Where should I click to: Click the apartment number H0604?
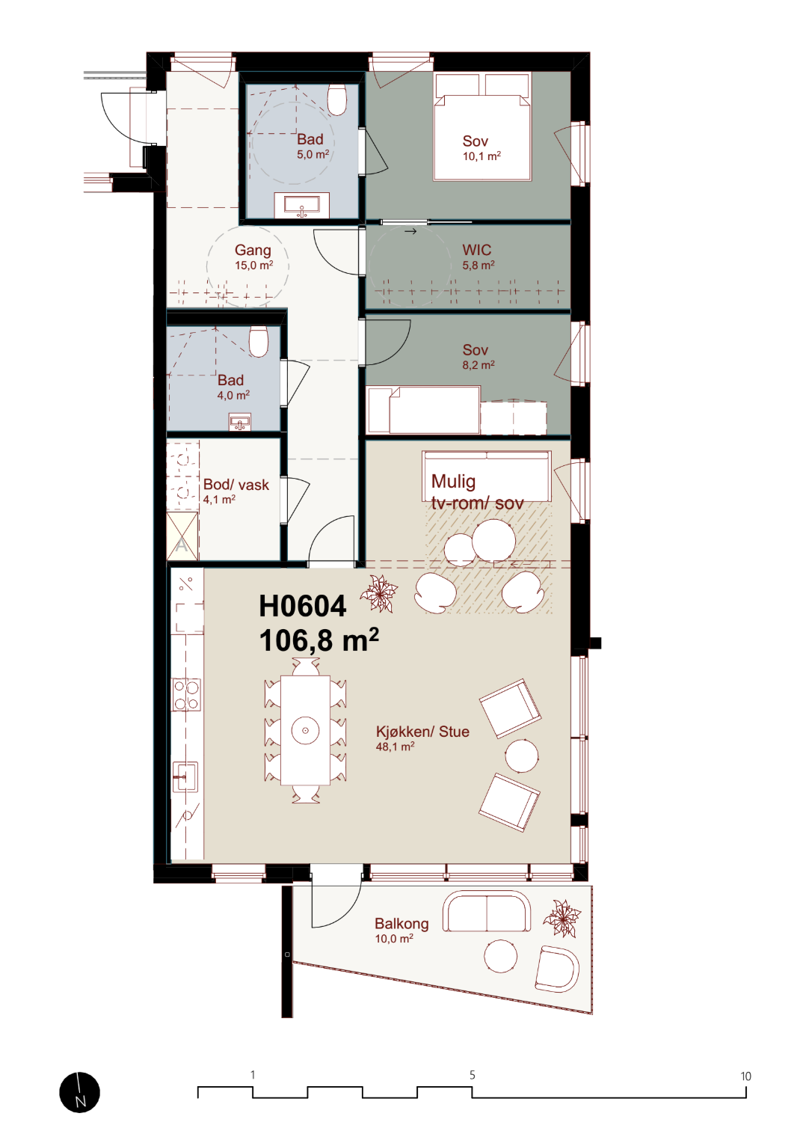coord(303,606)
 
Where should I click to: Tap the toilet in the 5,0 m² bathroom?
coord(336,99)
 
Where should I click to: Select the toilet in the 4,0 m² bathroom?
coord(259,341)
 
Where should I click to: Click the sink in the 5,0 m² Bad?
coord(301,205)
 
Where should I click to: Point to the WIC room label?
coord(477,250)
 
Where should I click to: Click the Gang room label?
coord(253,250)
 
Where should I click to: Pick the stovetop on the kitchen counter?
coord(186,694)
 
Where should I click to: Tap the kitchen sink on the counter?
coord(185,776)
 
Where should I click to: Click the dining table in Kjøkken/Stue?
coord(305,730)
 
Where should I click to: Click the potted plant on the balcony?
coord(562,918)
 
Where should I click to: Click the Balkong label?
coord(401,924)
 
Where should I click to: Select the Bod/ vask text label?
coord(236,485)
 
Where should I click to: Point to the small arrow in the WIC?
coord(410,232)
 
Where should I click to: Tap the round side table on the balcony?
coord(500,956)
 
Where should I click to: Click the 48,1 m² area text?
coord(395,747)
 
